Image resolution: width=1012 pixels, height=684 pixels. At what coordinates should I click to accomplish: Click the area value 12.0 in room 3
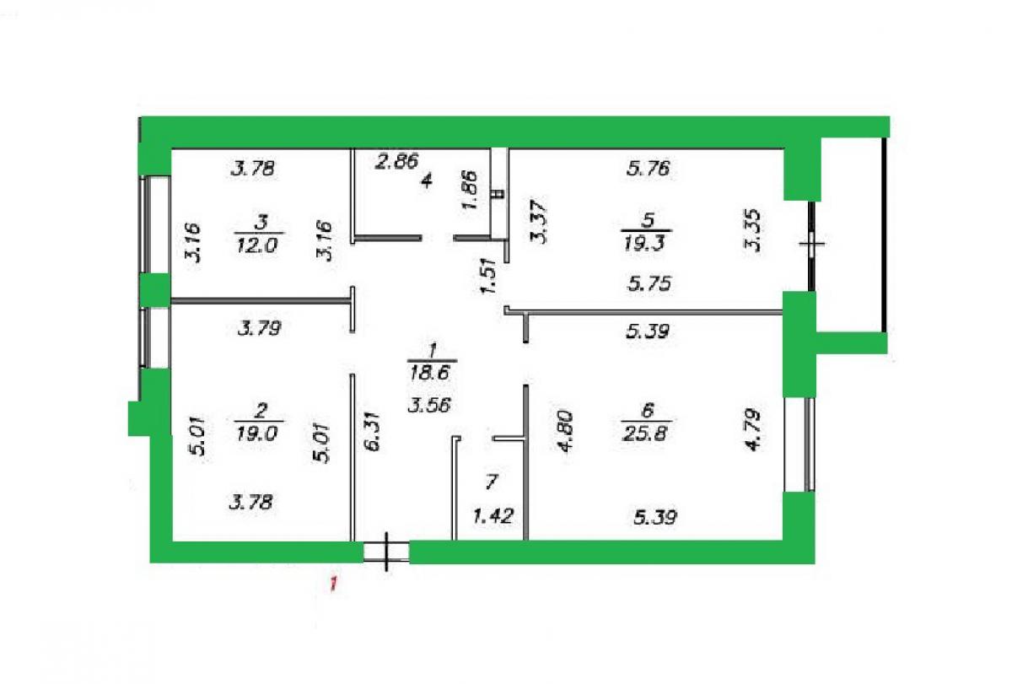[258, 245]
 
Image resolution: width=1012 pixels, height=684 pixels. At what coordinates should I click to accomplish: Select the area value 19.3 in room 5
[644, 244]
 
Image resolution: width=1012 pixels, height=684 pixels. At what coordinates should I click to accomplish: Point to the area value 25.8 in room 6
[645, 434]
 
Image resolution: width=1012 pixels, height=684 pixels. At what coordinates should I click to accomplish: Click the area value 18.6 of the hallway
[431, 373]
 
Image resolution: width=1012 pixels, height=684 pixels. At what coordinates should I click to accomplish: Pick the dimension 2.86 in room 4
[397, 161]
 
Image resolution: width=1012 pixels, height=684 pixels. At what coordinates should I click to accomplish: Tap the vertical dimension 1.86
[470, 189]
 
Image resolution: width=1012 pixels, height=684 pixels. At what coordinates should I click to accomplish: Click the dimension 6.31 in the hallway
[374, 431]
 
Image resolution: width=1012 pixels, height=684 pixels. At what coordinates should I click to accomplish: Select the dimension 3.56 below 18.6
[429, 405]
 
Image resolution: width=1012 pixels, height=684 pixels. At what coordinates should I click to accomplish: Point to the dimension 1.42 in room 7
[493, 515]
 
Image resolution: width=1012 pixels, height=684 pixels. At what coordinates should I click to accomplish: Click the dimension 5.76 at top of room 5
[649, 169]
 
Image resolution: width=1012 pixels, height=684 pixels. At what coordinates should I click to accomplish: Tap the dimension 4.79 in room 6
[753, 429]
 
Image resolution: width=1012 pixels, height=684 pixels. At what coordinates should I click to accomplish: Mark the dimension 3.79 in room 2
[260, 328]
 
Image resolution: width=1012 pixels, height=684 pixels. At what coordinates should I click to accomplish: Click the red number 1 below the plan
[333, 584]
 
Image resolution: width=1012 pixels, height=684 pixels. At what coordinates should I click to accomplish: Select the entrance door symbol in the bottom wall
[387, 552]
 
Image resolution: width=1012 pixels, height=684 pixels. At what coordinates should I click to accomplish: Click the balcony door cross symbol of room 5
[812, 244]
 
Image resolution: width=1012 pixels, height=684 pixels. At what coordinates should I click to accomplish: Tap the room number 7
[492, 482]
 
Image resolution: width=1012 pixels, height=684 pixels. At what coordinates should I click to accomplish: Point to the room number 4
[427, 181]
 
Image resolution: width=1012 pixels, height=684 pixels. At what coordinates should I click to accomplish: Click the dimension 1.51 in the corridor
[489, 276]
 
